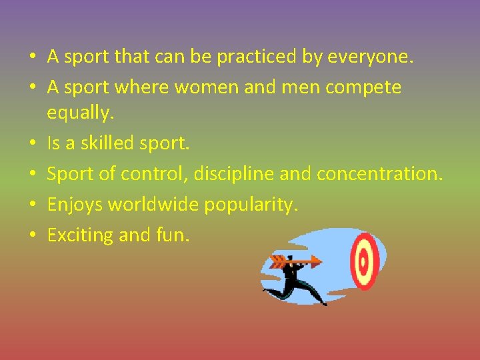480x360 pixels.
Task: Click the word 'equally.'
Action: tap(81, 113)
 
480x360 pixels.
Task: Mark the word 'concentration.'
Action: tap(379, 173)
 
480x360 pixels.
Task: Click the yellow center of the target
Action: tap(363, 262)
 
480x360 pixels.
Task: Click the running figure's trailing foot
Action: tap(265, 289)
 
